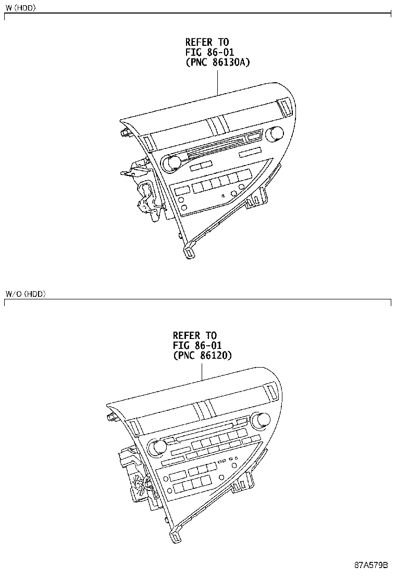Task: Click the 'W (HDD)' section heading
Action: (x=20, y=8)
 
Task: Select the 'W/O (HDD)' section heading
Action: (x=26, y=294)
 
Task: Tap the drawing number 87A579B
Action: (x=372, y=565)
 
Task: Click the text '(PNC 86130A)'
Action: (x=218, y=62)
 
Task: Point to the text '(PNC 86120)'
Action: (x=202, y=356)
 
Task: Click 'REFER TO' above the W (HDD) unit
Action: (x=207, y=42)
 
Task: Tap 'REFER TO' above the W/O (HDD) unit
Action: (x=194, y=336)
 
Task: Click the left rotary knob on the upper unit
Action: (x=170, y=163)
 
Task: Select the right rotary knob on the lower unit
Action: (x=262, y=420)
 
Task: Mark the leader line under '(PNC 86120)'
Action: (x=202, y=373)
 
